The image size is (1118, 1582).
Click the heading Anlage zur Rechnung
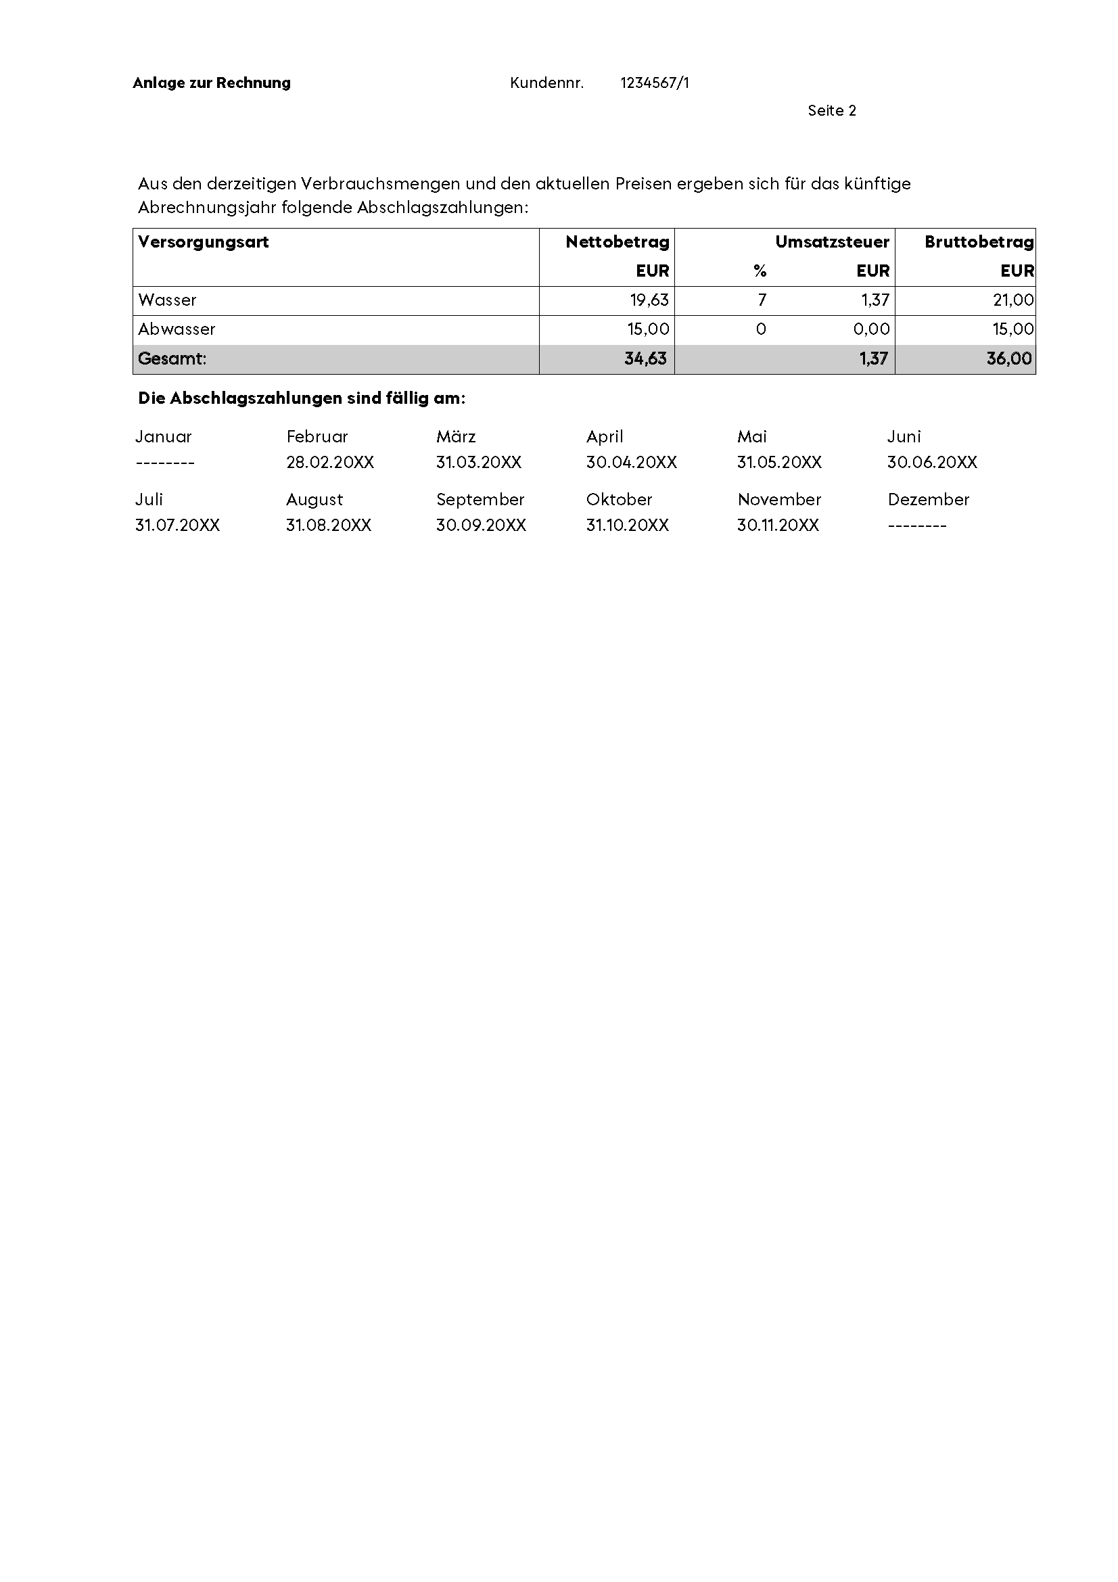click(x=212, y=83)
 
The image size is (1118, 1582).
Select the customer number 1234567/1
click(x=654, y=83)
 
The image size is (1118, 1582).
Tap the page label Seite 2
click(x=831, y=111)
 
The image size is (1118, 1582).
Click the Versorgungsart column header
click(x=203, y=242)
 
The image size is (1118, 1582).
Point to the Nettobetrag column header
click(x=618, y=242)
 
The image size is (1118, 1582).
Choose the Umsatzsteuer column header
click(x=831, y=242)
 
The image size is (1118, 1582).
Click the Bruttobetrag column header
click(x=979, y=242)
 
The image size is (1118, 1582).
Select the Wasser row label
click(x=167, y=300)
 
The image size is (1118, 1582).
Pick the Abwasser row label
click(x=177, y=329)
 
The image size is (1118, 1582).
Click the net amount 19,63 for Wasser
click(x=649, y=300)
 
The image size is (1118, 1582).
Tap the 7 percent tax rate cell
click(x=762, y=300)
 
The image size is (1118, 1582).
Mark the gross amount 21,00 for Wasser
click(x=1012, y=300)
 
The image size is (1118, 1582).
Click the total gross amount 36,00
click(x=1008, y=359)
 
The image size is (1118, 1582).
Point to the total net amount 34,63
click(x=645, y=359)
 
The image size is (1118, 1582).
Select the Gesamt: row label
click(x=172, y=359)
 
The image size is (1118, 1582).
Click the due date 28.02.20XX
click(x=330, y=463)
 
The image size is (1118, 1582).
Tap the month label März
click(x=456, y=437)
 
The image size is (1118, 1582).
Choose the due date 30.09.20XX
click(x=481, y=526)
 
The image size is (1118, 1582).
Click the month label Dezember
click(x=928, y=500)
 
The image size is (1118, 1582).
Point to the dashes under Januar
click(x=165, y=463)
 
